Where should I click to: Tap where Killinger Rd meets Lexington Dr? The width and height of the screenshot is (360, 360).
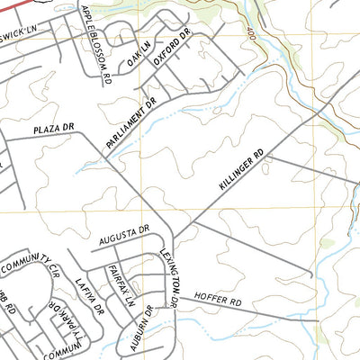coord(175,239)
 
